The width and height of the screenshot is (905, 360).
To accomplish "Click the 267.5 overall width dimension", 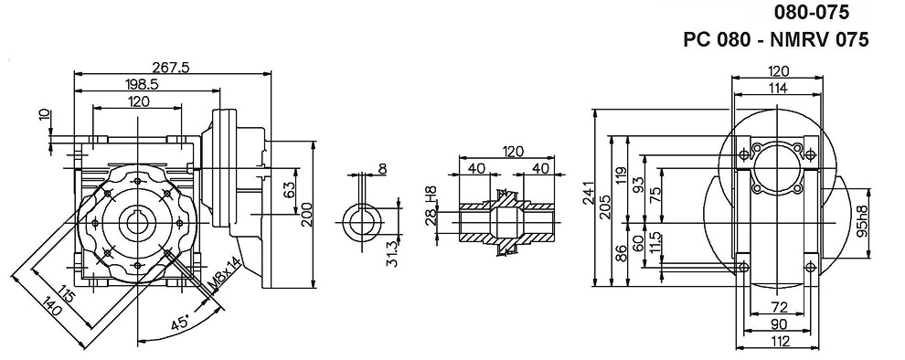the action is (173, 67).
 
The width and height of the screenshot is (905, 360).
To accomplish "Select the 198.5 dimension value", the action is (142, 84).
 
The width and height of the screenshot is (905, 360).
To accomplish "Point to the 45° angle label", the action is (179, 323).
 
